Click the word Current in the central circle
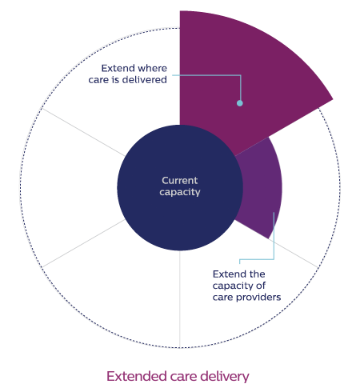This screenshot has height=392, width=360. click(x=180, y=181)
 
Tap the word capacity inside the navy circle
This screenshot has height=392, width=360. click(x=180, y=192)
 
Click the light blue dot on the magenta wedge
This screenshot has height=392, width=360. click(x=240, y=103)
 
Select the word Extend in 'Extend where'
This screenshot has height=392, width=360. click(x=115, y=68)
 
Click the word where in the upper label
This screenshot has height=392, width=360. click(x=150, y=68)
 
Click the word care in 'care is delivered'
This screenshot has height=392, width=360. click(x=98, y=80)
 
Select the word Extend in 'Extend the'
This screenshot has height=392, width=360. click(x=226, y=274)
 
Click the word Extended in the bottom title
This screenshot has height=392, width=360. click(x=137, y=377)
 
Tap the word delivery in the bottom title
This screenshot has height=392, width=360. click(x=225, y=377)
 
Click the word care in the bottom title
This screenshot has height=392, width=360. click(x=184, y=378)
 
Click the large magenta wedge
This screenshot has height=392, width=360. click(x=240, y=66)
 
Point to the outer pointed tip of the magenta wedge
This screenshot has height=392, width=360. click(x=333, y=99)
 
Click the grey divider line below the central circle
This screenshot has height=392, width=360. click(x=180, y=299)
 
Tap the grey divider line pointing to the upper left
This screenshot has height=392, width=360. click(x=83, y=132)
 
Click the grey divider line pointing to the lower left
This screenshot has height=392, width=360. click(x=83, y=243)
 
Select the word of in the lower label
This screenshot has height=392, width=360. click(x=261, y=286)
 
